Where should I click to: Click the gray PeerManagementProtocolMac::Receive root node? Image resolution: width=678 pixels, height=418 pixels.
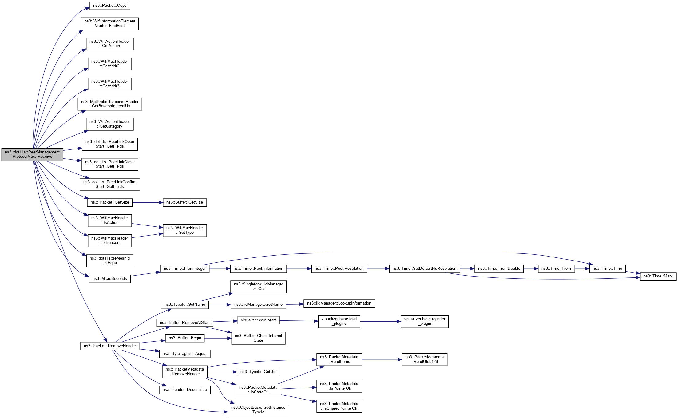[x=32, y=154]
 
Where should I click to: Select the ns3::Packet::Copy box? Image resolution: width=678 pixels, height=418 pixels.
[x=110, y=6]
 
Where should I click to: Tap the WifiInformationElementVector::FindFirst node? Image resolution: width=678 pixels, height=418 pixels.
[x=110, y=24]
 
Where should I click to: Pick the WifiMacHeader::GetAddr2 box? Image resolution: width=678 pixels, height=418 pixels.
[x=110, y=64]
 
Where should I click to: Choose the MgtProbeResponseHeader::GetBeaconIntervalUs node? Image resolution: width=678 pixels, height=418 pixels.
[x=110, y=104]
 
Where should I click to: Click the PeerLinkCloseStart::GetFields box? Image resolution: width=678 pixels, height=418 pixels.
[x=110, y=164]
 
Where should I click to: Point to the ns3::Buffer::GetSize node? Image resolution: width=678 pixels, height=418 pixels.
[x=184, y=202]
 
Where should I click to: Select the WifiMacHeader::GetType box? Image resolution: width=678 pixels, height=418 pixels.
[x=184, y=230]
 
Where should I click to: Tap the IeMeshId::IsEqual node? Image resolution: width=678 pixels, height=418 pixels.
[x=110, y=261]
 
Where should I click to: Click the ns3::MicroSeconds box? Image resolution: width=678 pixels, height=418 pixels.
[x=110, y=279]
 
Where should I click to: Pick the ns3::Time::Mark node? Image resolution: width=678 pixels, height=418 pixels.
[x=658, y=276]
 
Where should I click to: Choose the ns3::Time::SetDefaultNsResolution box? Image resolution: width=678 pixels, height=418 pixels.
[x=424, y=269]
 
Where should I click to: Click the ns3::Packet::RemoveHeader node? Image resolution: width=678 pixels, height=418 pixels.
[x=110, y=346]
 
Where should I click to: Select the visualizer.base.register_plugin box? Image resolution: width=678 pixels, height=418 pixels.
[x=424, y=321]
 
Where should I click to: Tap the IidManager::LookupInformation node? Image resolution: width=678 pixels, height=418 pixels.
[x=339, y=303]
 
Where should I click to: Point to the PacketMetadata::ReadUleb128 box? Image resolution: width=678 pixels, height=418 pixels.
[x=424, y=360]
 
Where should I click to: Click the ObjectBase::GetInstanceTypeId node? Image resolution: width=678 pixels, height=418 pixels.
[x=258, y=410]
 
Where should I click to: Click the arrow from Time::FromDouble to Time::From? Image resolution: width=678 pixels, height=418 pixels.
[x=531, y=269]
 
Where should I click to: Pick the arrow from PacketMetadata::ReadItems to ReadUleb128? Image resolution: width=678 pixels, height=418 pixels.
[x=382, y=360]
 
